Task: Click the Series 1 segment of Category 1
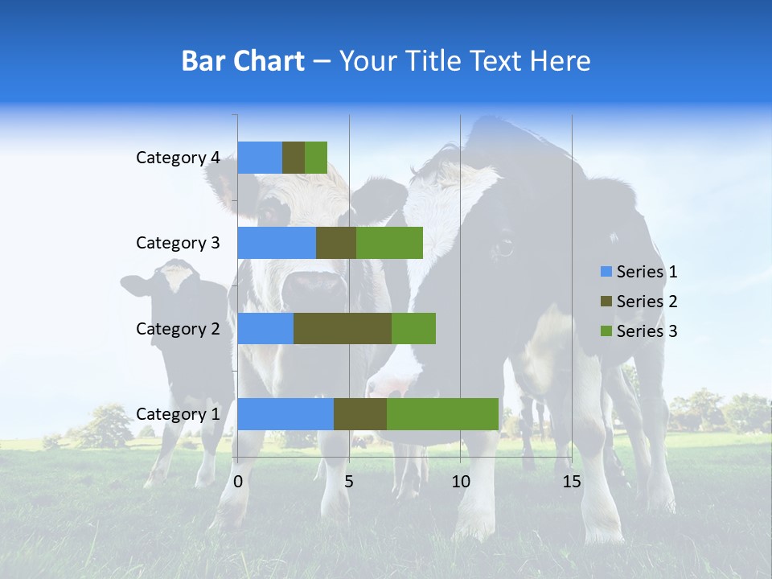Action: tap(285, 414)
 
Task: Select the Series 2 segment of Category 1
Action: tap(360, 414)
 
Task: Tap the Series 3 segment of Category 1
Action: tap(442, 414)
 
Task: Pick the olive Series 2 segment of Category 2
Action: tap(343, 328)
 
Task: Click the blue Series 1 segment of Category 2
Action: tap(265, 328)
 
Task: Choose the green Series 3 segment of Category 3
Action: tap(389, 243)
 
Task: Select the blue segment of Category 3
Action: tap(277, 243)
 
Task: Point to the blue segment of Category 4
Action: tap(260, 158)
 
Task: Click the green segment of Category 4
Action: tap(316, 158)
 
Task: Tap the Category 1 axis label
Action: tap(177, 414)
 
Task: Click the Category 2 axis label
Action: tap(177, 328)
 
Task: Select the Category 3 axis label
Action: tap(177, 243)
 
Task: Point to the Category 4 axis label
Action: tap(177, 158)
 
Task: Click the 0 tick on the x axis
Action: tap(238, 482)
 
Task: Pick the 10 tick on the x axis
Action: tap(460, 482)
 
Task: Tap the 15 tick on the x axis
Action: tap(571, 482)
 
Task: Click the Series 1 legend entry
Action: tap(639, 272)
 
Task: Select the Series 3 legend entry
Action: tap(639, 331)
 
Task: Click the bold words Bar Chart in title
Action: tap(243, 61)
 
